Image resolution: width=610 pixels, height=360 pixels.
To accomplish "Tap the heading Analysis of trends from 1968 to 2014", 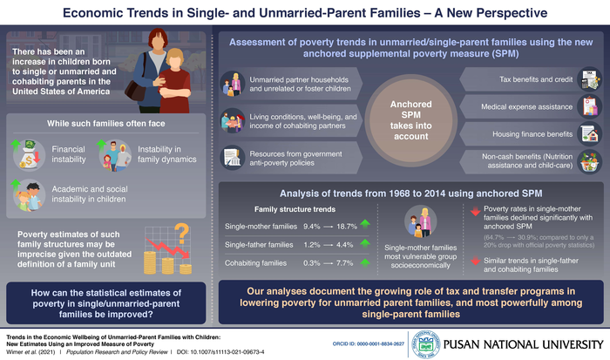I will (403, 192).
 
